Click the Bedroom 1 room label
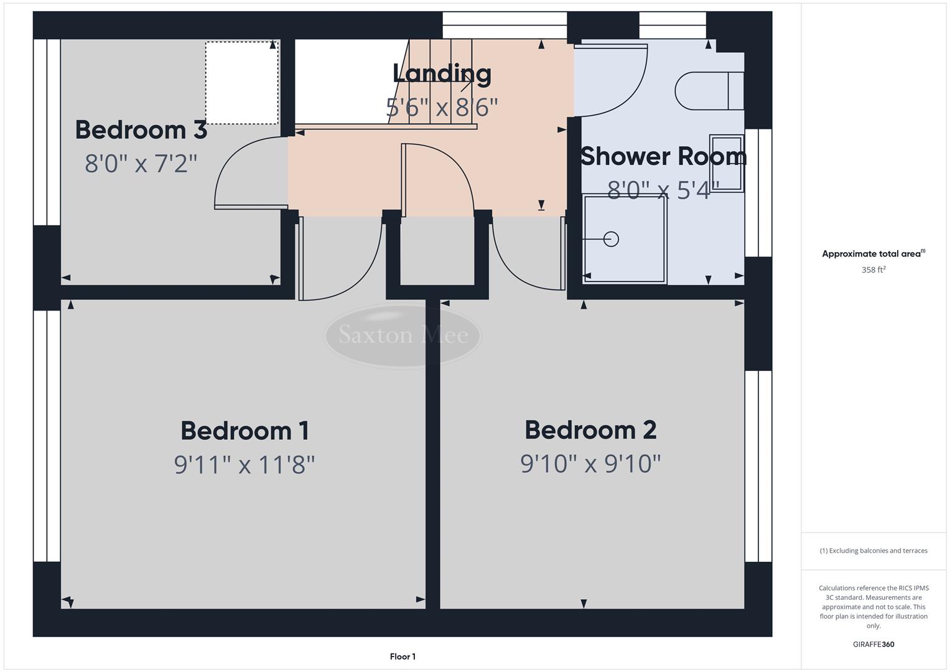(x=244, y=431)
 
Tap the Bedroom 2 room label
(x=590, y=430)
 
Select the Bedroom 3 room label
(x=141, y=130)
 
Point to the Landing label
(x=442, y=73)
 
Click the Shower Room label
(x=663, y=156)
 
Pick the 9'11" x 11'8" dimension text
(x=244, y=464)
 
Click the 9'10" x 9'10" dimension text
(x=590, y=464)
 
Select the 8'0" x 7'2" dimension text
(x=141, y=164)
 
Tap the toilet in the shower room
(x=709, y=91)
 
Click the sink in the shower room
(x=727, y=162)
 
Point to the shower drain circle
(x=611, y=239)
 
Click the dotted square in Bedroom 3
(x=241, y=83)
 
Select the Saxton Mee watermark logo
(x=403, y=335)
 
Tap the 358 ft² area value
(x=873, y=270)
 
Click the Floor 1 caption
(x=403, y=656)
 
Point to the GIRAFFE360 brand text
(x=873, y=644)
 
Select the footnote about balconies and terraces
(x=873, y=551)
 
